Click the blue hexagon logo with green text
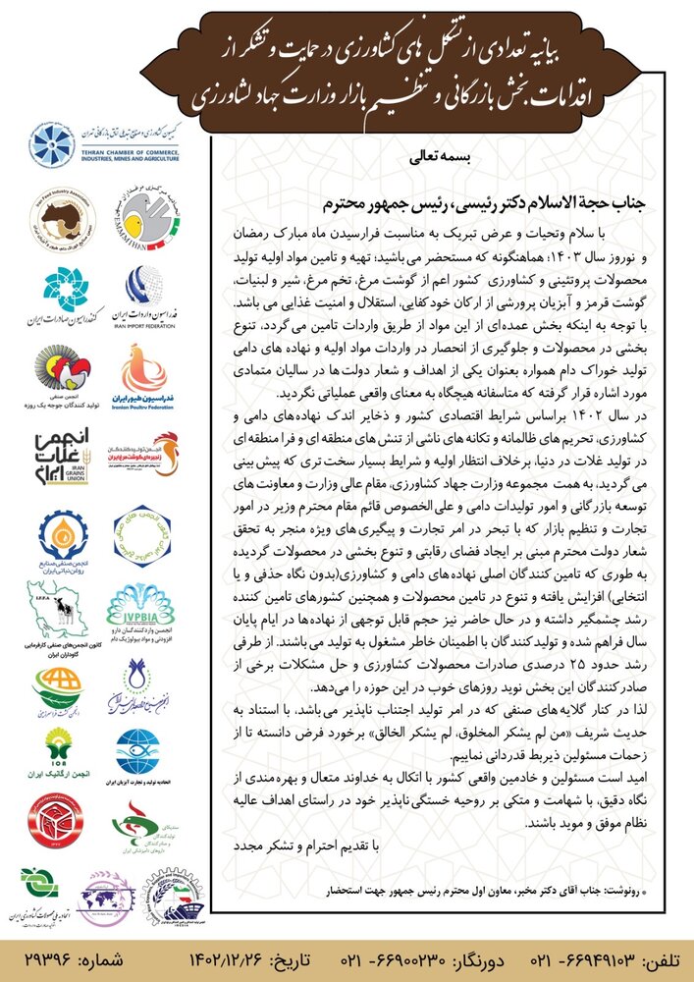pos(143,531)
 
